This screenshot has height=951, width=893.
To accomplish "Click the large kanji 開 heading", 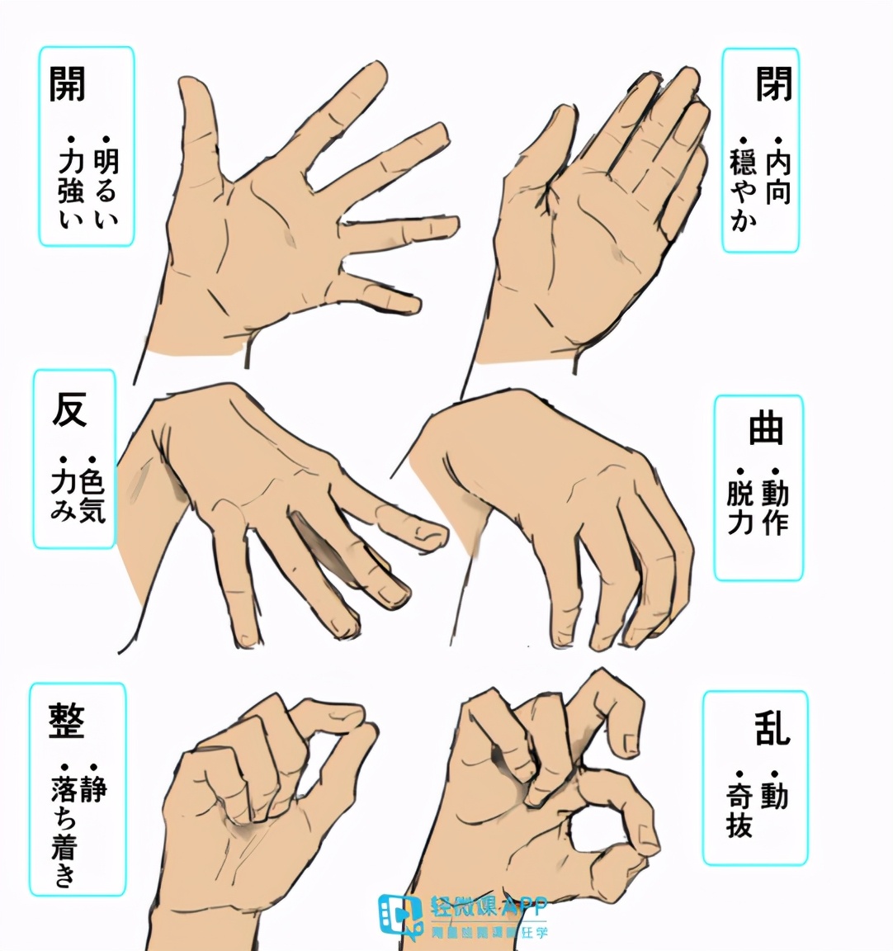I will click(67, 83).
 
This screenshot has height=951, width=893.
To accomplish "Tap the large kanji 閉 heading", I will click(773, 83).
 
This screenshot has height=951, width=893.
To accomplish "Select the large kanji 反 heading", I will click(69, 409).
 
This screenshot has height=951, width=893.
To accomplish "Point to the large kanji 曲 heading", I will click(765, 429).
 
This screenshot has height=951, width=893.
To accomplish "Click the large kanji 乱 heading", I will click(771, 728).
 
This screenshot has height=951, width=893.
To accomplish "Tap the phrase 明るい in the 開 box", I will click(106, 187).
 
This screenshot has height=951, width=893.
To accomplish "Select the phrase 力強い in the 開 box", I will click(71, 187).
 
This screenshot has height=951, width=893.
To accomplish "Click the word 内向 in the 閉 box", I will click(777, 177).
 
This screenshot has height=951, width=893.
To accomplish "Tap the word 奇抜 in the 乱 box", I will click(739, 808).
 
